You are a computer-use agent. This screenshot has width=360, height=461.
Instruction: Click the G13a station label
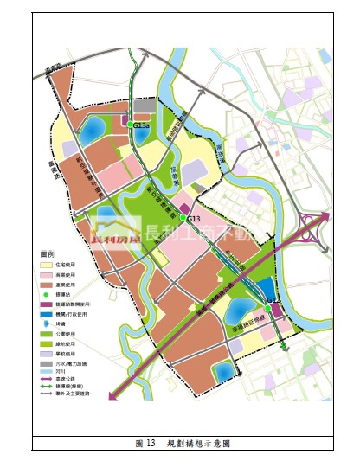[142, 126]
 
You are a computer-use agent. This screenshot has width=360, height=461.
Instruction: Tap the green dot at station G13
[183, 219]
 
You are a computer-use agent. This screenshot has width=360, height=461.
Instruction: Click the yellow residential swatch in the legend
[48, 265]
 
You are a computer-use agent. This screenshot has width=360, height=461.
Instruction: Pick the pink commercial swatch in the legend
[48, 274]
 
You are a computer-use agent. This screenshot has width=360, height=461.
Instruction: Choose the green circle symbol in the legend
[48, 295]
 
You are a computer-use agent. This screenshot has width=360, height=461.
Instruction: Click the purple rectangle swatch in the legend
[48, 304]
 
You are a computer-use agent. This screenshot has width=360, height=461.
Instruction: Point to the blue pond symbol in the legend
[48, 323]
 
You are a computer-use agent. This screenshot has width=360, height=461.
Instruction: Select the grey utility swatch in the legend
[48, 363]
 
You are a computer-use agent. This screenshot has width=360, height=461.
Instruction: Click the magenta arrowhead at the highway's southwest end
[112, 396]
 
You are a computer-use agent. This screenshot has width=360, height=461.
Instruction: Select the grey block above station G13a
[144, 106]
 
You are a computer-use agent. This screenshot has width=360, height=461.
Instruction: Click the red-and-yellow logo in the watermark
[117, 231]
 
